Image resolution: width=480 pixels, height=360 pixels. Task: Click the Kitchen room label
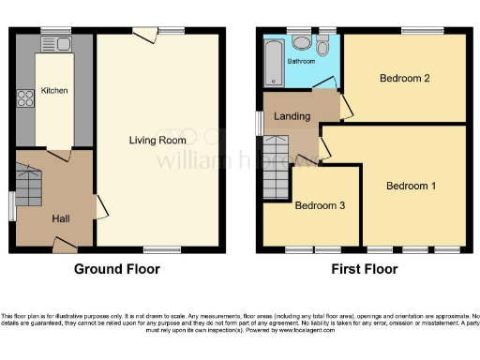coord(55,91)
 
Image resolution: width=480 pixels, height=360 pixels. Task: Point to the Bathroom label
coord(301,61)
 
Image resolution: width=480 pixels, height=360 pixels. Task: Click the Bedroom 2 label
coord(405,78)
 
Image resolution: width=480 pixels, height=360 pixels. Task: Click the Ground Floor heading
coord(117,269)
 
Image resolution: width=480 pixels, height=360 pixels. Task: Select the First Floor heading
coord(365,269)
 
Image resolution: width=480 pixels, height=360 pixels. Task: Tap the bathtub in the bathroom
coord(273,61)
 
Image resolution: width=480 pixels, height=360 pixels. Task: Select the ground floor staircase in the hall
coord(28,184)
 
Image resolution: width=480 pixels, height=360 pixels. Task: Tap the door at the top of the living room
coord(144,35)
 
